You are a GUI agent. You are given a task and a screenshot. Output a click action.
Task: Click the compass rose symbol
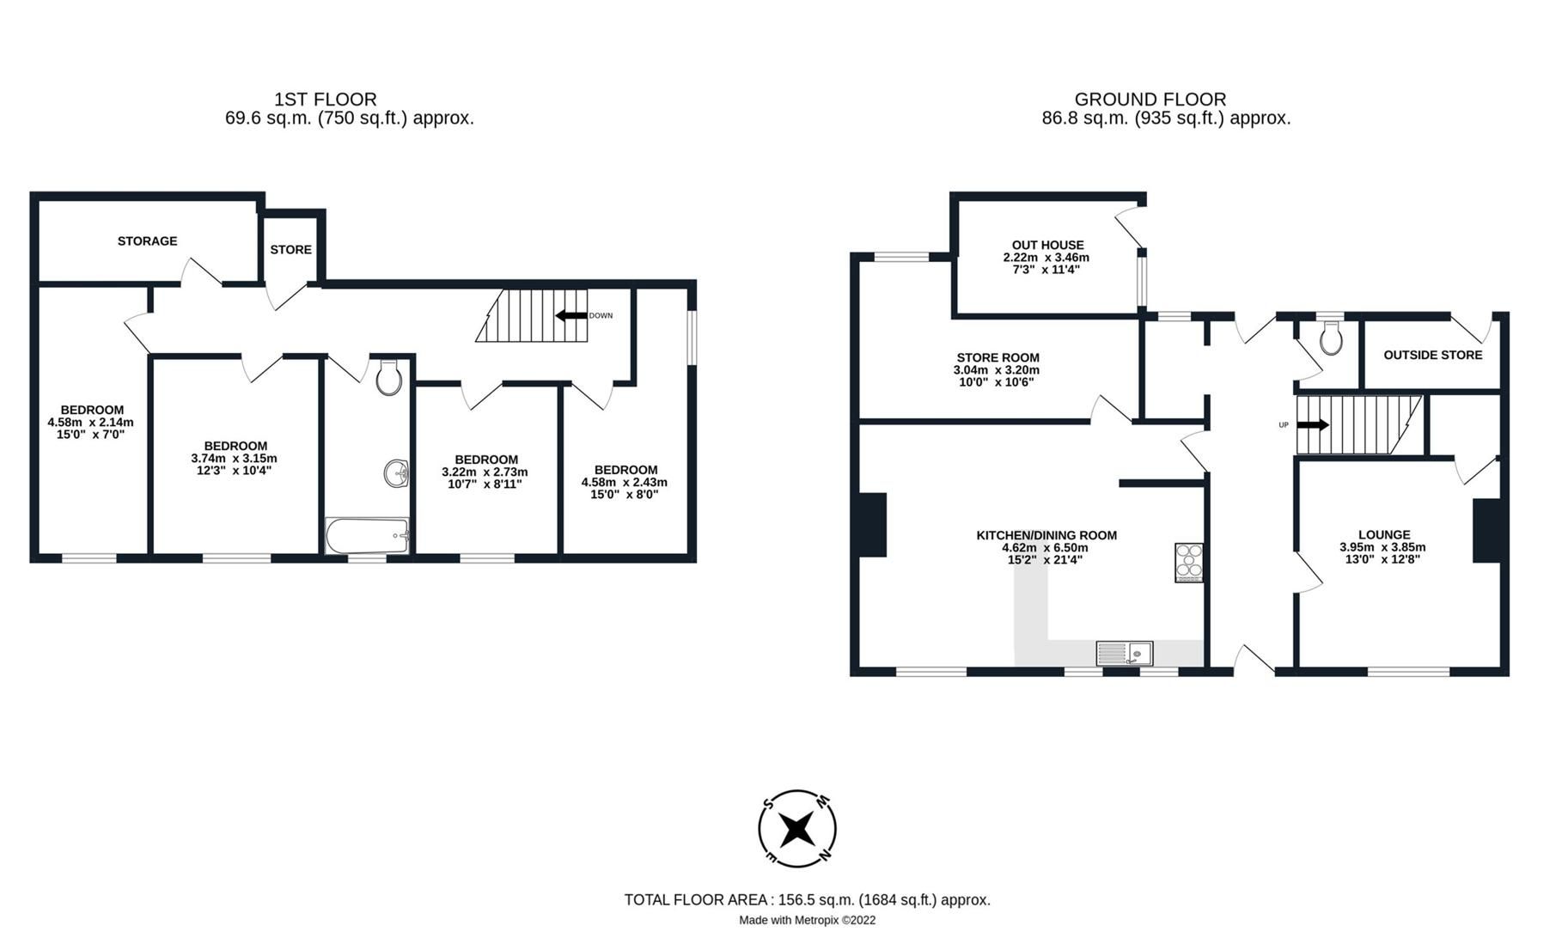point(796,829)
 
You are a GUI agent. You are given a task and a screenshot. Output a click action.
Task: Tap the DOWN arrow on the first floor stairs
point(571,315)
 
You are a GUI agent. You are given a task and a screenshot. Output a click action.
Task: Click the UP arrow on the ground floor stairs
point(1312,425)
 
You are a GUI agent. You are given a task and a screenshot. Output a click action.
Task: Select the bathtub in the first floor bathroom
point(367,536)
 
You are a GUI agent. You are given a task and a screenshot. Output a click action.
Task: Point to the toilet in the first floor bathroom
point(389,377)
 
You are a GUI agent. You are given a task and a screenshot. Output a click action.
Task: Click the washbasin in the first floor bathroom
point(396,473)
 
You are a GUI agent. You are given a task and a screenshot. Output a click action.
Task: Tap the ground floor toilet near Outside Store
point(1331,338)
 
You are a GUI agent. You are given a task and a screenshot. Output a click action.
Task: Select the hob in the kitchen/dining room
point(1189,563)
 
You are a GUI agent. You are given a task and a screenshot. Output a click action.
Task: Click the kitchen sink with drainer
point(1125,654)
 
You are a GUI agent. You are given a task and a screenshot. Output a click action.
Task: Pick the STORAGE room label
point(148,241)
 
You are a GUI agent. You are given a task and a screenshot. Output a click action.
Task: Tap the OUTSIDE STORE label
point(1432,355)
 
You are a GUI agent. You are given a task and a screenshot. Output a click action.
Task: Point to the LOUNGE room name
point(1383,534)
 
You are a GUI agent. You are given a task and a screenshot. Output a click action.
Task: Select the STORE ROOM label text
point(998,357)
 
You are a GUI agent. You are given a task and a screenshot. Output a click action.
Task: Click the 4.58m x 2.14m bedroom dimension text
point(91,423)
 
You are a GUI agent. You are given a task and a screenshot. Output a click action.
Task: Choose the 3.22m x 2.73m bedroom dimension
point(485,472)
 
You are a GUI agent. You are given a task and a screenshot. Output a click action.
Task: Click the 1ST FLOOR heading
point(325,100)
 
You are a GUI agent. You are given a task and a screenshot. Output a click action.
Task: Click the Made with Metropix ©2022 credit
point(807,920)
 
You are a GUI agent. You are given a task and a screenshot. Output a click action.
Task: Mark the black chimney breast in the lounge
point(1489,531)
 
